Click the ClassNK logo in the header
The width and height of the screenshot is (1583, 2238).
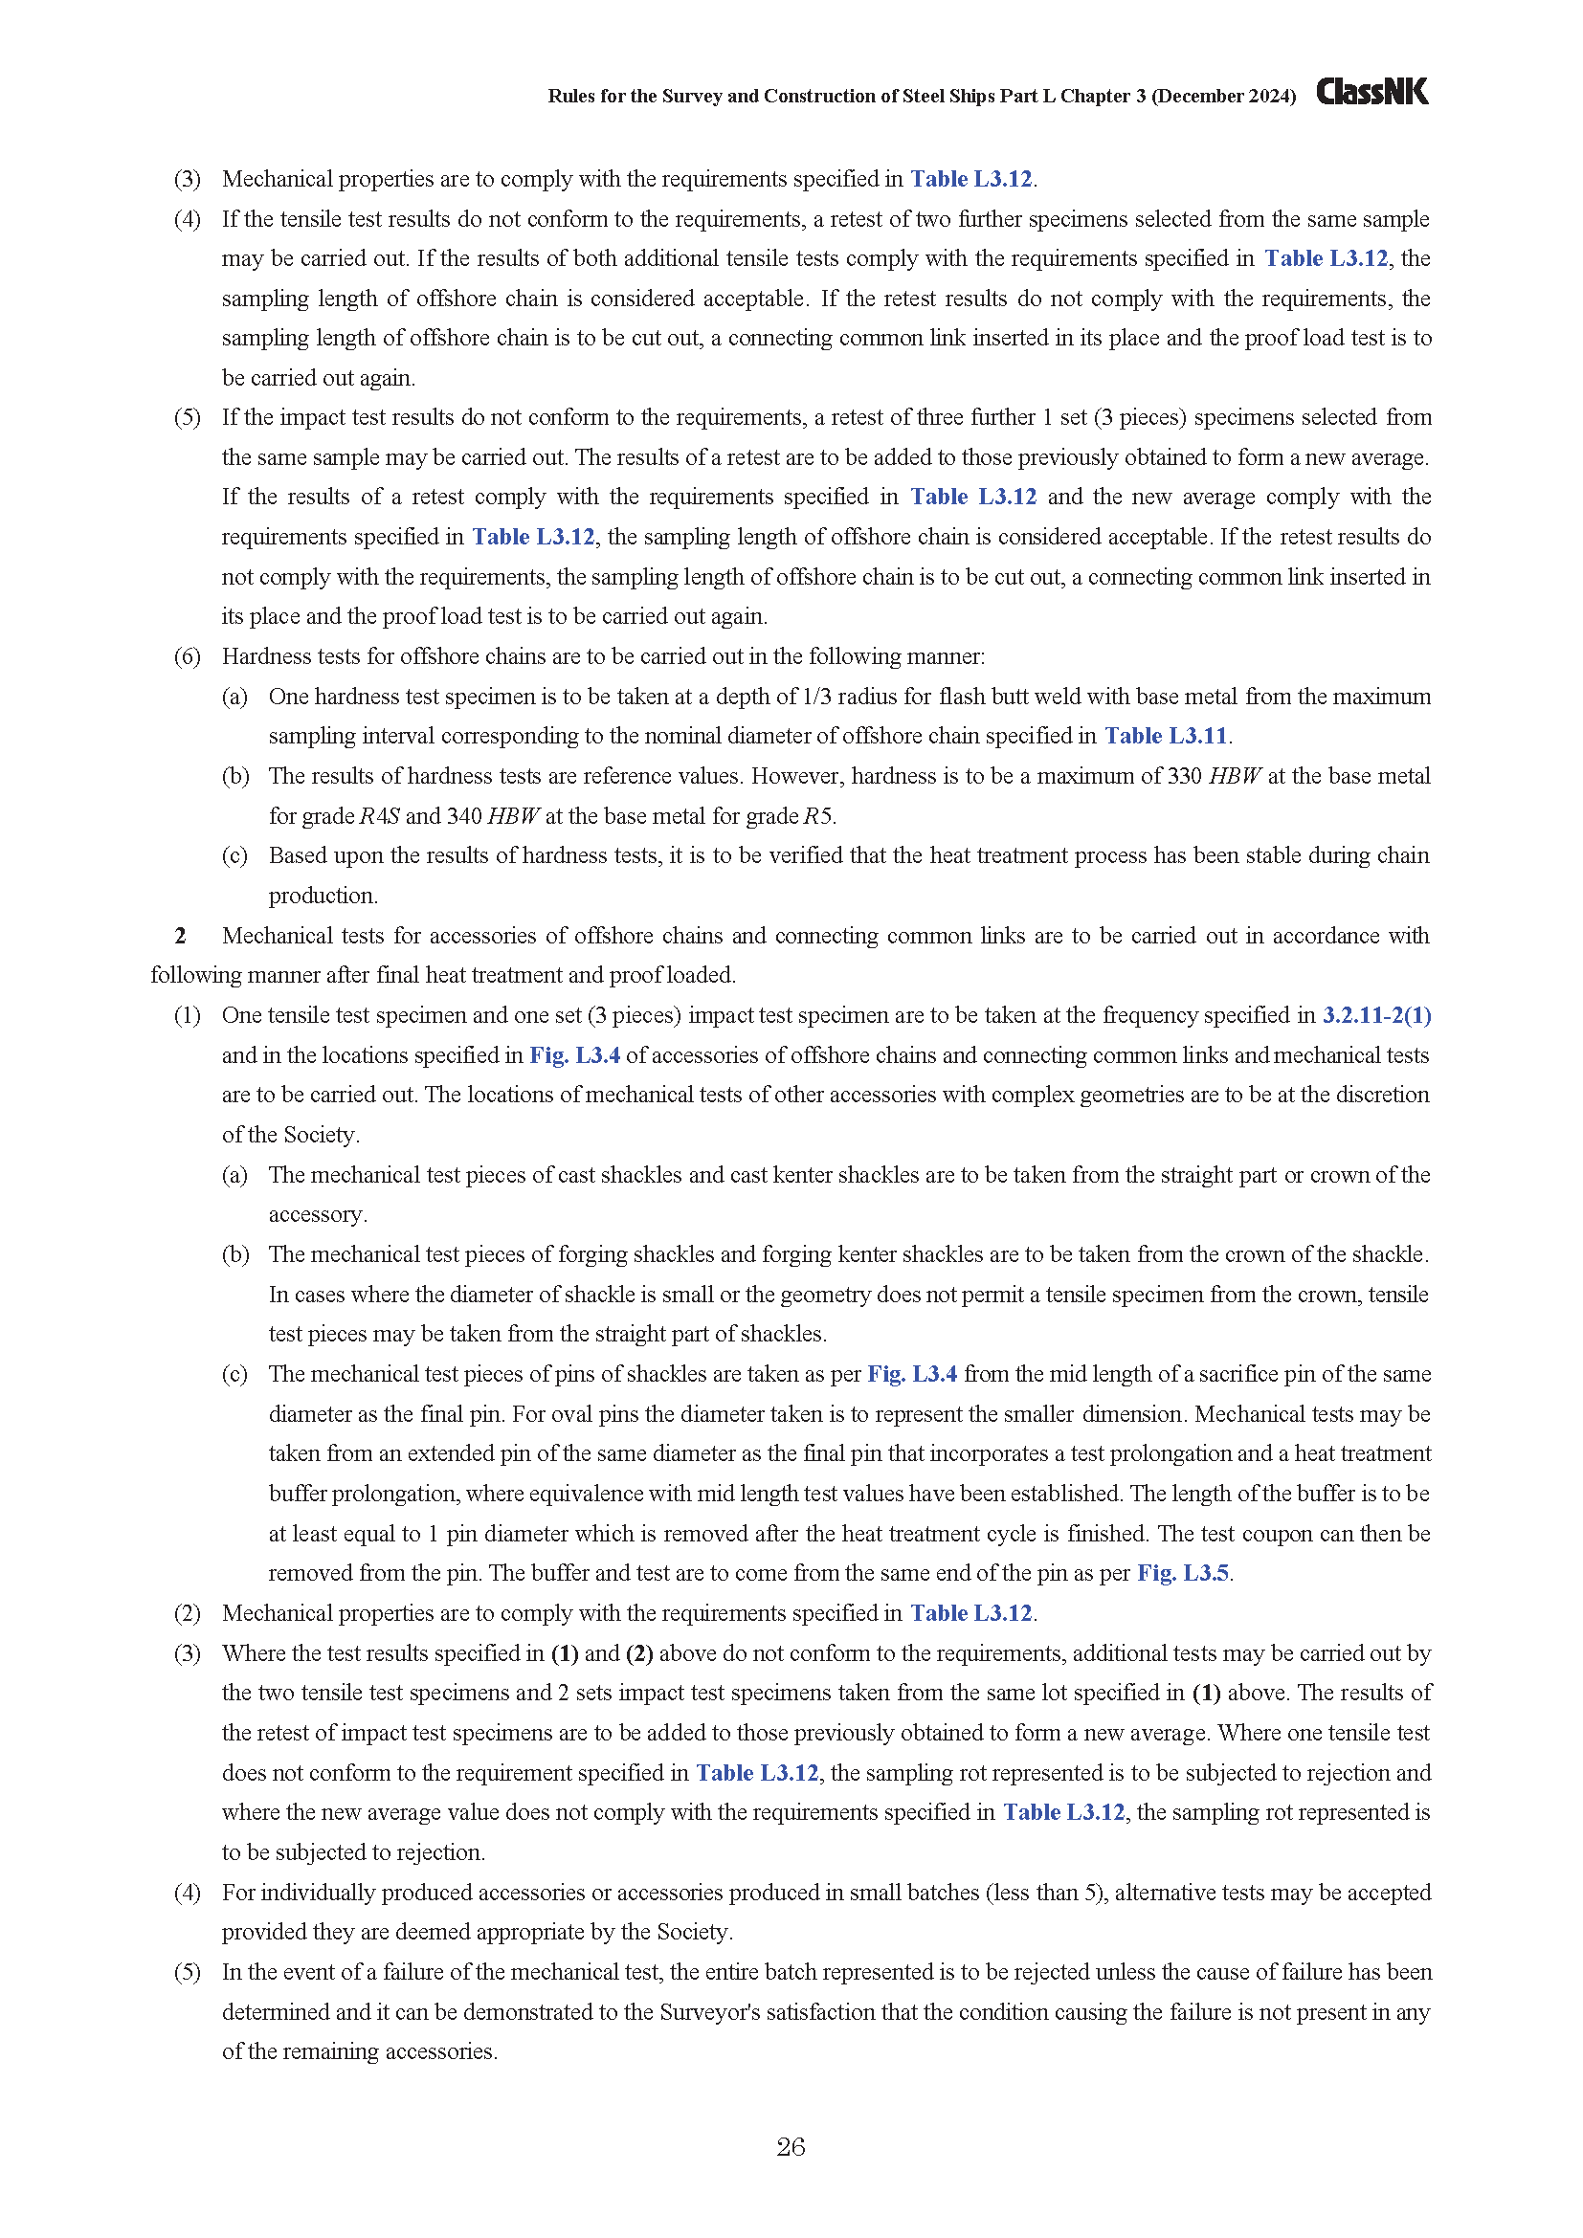click(x=1371, y=92)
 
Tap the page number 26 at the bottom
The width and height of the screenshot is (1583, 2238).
click(x=791, y=2146)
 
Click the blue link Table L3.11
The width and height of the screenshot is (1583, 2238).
click(x=1165, y=736)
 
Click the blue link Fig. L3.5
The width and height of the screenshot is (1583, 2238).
click(x=1182, y=1573)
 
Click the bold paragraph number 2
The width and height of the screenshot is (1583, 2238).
click(x=180, y=936)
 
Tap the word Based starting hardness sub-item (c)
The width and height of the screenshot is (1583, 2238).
click(x=298, y=854)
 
